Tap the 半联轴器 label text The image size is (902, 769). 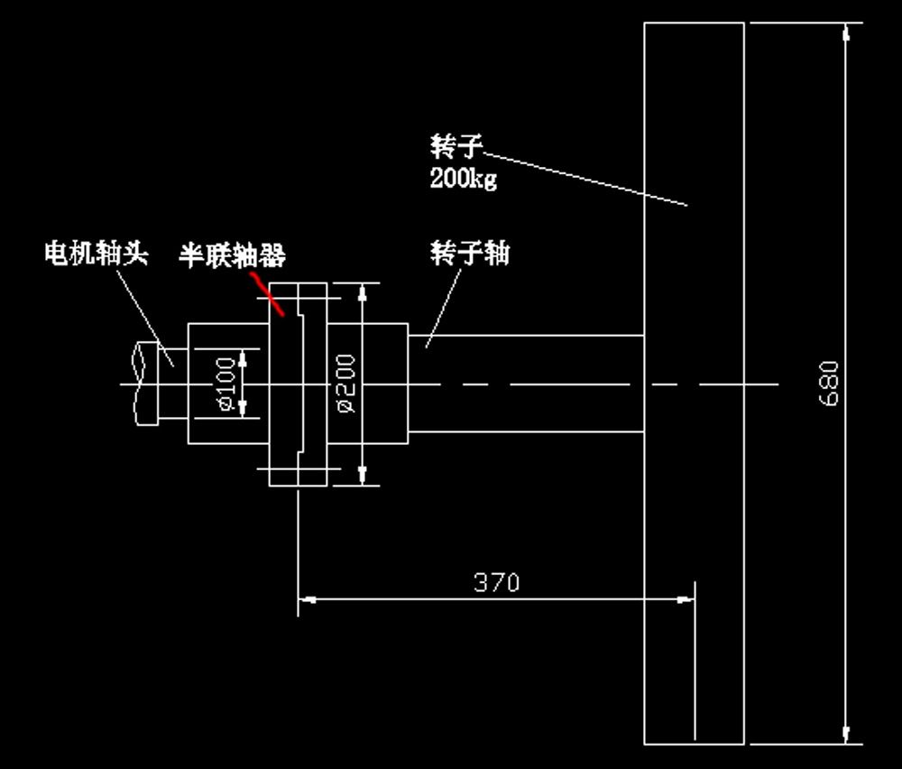point(232,256)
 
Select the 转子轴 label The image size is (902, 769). point(470,254)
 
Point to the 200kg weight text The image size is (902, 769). point(464,178)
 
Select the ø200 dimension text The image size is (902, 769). point(345,384)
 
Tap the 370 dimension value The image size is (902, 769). point(497,582)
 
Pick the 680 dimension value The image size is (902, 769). point(830,384)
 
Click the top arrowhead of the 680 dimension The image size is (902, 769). point(846,33)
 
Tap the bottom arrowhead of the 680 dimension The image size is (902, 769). point(846,734)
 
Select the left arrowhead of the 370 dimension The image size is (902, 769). point(308,598)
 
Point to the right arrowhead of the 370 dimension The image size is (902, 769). point(686,598)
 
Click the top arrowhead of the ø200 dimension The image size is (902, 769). point(363,292)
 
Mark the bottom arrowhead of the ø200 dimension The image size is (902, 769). point(363,476)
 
